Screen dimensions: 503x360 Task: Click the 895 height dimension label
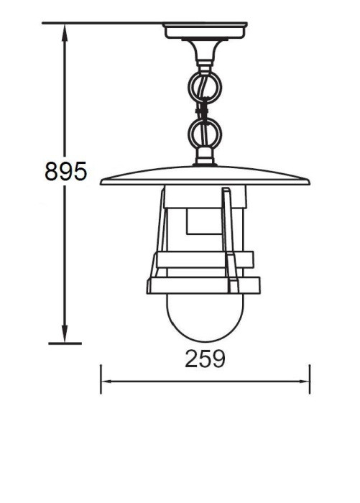[x=65, y=172]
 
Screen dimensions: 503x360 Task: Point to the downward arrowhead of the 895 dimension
[x=65, y=336]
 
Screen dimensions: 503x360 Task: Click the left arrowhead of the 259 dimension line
[x=105, y=382]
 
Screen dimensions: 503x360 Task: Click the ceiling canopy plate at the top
[x=205, y=31]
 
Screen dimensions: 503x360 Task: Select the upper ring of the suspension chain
[x=205, y=87]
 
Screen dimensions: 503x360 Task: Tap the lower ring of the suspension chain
[x=205, y=133]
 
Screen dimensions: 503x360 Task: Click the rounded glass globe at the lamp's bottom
[x=205, y=316]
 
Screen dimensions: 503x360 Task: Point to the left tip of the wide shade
[x=102, y=182]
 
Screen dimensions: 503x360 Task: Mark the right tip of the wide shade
[x=308, y=182]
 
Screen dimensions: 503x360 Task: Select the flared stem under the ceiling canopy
[x=205, y=53]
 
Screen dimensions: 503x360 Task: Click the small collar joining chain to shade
[x=205, y=157]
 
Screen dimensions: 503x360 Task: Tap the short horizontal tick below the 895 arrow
[x=65, y=343]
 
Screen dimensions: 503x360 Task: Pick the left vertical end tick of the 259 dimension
[x=100, y=379]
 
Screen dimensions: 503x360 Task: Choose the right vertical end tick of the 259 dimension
[x=310, y=379]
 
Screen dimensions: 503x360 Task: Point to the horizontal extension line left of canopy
[x=101, y=23]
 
